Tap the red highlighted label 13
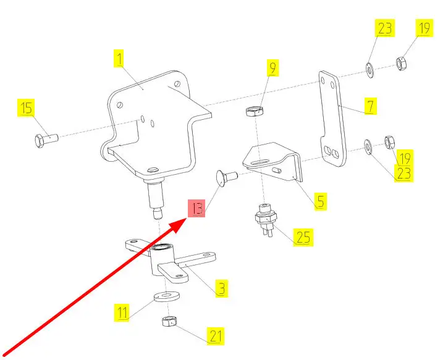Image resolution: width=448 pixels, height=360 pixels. tap(197, 209)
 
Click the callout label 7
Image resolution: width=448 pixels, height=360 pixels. tap(369, 106)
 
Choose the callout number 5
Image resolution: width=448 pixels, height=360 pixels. tap(319, 200)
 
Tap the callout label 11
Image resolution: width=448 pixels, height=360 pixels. tap(123, 312)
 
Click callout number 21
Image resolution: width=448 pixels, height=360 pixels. tap(215, 337)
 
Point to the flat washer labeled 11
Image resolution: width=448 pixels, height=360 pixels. tap(165, 295)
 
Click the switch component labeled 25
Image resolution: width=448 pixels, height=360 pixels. tap(264, 220)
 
